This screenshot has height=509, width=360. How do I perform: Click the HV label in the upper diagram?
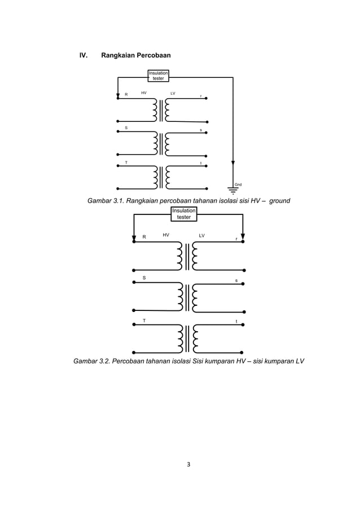point(144,92)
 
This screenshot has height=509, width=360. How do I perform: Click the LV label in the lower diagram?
point(202,234)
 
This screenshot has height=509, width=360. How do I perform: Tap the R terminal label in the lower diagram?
point(144,237)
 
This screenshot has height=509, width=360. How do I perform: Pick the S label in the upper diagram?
point(126,128)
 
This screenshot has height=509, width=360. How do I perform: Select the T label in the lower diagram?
point(144,320)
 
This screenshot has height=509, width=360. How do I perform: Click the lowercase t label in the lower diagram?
point(236,322)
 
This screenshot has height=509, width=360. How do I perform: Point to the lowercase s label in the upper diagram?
point(201,130)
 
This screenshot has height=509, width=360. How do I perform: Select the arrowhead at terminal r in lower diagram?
point(243,236)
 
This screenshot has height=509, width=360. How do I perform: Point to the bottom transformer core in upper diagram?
point(161,177)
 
